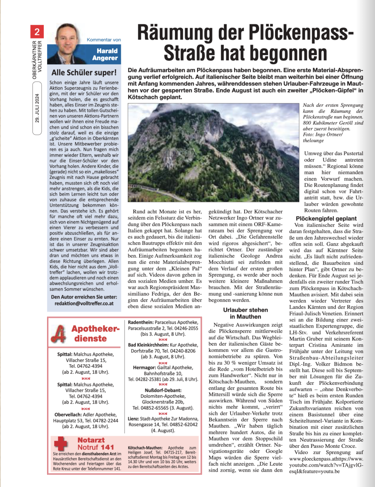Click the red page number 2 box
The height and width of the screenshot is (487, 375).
pyautogui.click(x=37, y=31)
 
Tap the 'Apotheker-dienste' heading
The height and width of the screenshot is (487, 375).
pyautogui.click(x=95, y=333)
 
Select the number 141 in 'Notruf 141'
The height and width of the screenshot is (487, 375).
pyautogui.click(x=108, y=447)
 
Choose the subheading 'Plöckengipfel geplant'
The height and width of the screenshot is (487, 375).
pyautogui.click(x=326, y=218)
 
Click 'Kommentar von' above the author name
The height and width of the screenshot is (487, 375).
pyautogui.click(x=104, y=40)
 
